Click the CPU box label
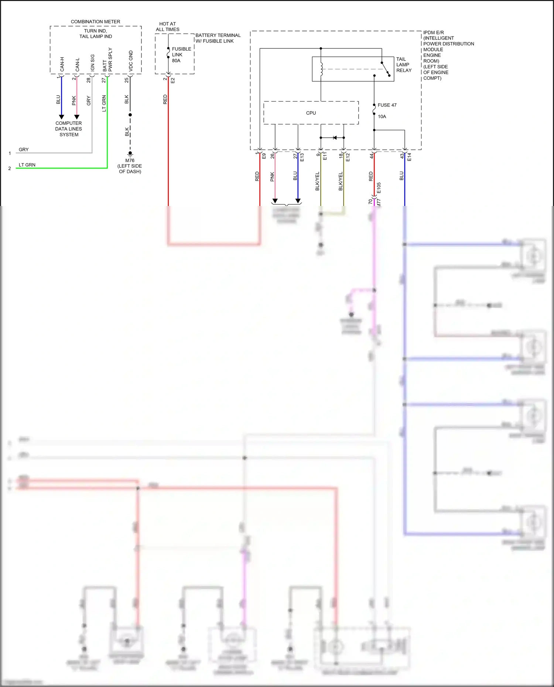(x=311, y=113)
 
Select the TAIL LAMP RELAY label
(x=403, y=65)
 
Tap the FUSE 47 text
(x=387, y=105)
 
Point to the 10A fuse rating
(x=382, y=117)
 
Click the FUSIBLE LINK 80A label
(x=181, y=55)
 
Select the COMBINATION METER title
(x=95, y=22)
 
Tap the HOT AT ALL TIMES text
(x=167, y=27)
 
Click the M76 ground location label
(x=130, y=166)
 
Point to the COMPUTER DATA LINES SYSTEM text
(x=69, y=129)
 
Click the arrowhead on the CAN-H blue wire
(x=62, y=117)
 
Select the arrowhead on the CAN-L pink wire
(x=77, y=117)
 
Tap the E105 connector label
(x=379, y=188)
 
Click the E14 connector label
(x=409, y=157)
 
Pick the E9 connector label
(x=264, y=156)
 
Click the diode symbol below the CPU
(x=335, y=138)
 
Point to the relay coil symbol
(x=321, y=69)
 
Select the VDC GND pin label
(x=131, y=61)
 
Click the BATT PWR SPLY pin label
(x=107, y=60)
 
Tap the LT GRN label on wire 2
(x=27, y=165)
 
